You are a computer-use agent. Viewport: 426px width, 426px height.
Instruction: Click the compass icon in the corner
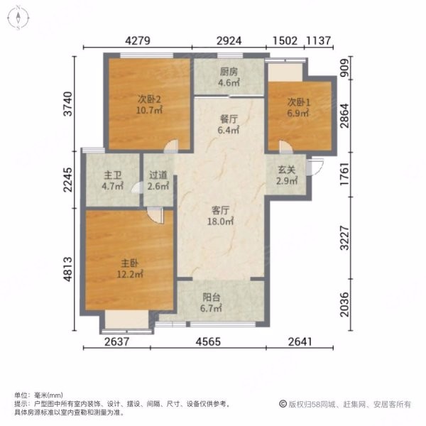(18, 18)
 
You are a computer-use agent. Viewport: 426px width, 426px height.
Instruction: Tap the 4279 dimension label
(138, 40)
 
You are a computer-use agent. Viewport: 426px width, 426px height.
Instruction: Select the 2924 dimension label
(229, 40)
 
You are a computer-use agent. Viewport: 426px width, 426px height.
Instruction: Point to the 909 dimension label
(344, 68)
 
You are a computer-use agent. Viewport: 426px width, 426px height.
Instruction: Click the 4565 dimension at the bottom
(208, 342)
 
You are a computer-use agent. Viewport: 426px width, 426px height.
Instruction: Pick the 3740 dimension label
(68, 104)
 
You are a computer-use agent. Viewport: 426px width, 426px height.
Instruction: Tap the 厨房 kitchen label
(229, 72)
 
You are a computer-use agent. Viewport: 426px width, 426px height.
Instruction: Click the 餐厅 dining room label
(229, 119)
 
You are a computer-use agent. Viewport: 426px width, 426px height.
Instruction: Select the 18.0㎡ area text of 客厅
(220, 222)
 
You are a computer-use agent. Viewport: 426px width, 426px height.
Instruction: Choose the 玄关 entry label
(286, 170)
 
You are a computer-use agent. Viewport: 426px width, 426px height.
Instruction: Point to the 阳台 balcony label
(211, 297)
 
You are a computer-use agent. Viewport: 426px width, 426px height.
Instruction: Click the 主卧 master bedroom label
(130, 263)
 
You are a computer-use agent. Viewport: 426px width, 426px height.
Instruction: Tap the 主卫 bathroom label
(112, 175)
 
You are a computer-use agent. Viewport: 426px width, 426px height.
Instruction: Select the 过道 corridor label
(158, 175)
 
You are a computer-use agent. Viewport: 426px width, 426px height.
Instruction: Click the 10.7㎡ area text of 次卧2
(149, 110)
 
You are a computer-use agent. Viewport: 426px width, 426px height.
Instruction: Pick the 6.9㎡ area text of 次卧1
(298, 113)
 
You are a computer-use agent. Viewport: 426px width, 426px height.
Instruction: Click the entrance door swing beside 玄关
(315, 166)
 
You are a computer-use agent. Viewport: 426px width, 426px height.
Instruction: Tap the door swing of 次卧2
(171, 146)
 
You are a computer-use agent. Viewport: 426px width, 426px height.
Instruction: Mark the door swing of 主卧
(156, 215)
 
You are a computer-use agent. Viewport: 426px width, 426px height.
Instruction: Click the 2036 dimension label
(344, 305)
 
